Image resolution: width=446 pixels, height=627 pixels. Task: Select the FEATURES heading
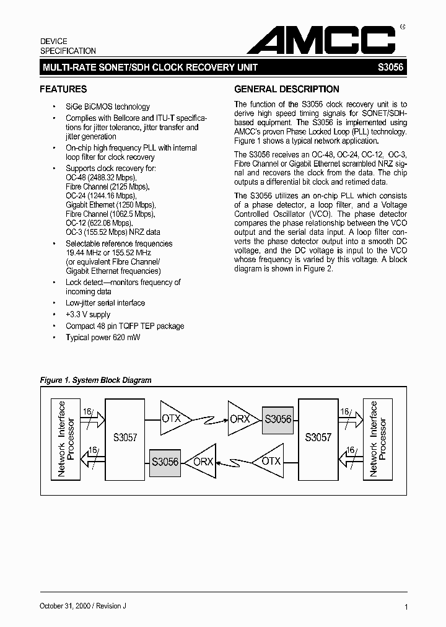tap(63, 89)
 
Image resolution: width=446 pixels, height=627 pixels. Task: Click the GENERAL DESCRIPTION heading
tap(287, 89)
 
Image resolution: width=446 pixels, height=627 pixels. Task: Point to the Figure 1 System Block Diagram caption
tap(95, 380)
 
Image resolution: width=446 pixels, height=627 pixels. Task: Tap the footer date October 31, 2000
tap(68, 606)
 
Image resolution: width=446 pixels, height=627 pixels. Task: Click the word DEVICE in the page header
tap(54, 41)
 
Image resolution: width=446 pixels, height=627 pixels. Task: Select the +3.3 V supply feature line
tap(88, 315)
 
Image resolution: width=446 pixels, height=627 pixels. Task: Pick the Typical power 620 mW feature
tap(102, 338)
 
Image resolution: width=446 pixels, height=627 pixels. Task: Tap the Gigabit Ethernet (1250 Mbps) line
tap(110, 205)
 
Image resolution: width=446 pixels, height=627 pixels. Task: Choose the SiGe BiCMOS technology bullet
tap(108, 107)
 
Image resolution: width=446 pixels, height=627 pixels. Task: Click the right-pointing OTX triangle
tap(173, 418)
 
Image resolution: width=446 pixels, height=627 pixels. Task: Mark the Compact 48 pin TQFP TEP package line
tap(125, 326)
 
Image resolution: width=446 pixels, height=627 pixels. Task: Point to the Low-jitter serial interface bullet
tap(105, 303)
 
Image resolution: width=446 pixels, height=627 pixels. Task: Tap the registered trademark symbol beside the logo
tap(403, 27)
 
